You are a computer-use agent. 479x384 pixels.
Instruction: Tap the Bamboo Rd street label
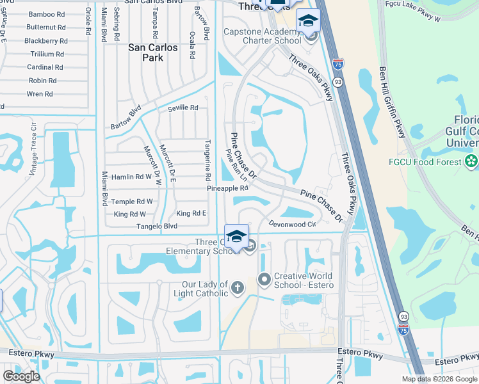45,13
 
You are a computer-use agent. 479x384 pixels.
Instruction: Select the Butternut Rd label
46,27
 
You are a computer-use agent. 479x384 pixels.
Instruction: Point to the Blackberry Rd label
45,40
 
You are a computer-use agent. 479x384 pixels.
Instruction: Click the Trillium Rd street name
47,54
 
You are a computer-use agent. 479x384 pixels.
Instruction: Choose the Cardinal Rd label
45,67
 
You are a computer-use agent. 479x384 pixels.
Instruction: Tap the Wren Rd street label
40,94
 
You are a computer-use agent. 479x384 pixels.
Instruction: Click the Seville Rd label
183,108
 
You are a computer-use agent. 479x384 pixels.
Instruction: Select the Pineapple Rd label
227,189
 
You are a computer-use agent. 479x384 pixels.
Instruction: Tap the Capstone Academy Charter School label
262,36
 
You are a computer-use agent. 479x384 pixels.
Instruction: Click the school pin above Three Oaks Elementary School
236,236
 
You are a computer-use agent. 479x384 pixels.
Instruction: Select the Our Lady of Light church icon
238,287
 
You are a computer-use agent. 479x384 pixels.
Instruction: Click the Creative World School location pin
263,278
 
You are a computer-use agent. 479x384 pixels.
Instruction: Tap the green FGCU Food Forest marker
472,161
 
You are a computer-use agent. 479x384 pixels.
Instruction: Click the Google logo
20,376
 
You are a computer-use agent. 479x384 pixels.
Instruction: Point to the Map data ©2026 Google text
439,379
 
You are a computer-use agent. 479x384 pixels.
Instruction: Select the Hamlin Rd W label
131,176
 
